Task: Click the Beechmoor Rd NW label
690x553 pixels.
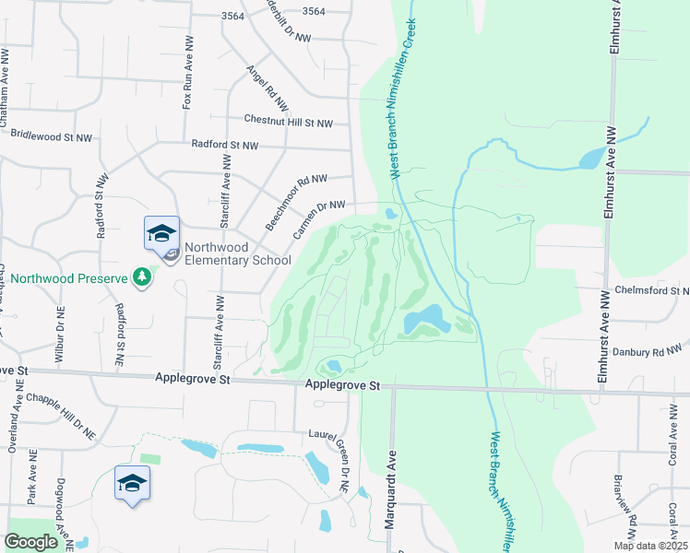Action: pos(296,203)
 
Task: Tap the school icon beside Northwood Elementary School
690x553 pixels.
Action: pos(161,233)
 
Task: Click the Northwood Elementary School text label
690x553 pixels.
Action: pos(237,253)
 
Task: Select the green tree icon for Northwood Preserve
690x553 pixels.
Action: pos(141,276)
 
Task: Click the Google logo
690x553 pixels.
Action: pos(30,542)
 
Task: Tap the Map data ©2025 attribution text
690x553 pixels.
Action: pos(649,546)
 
